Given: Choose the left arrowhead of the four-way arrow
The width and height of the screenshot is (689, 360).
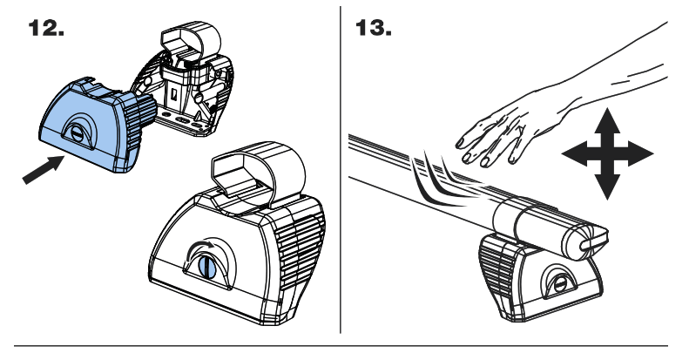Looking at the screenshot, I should click(x=573, y=155).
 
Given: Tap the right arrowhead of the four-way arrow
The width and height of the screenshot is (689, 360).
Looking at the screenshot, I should click(x=643, y=155).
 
